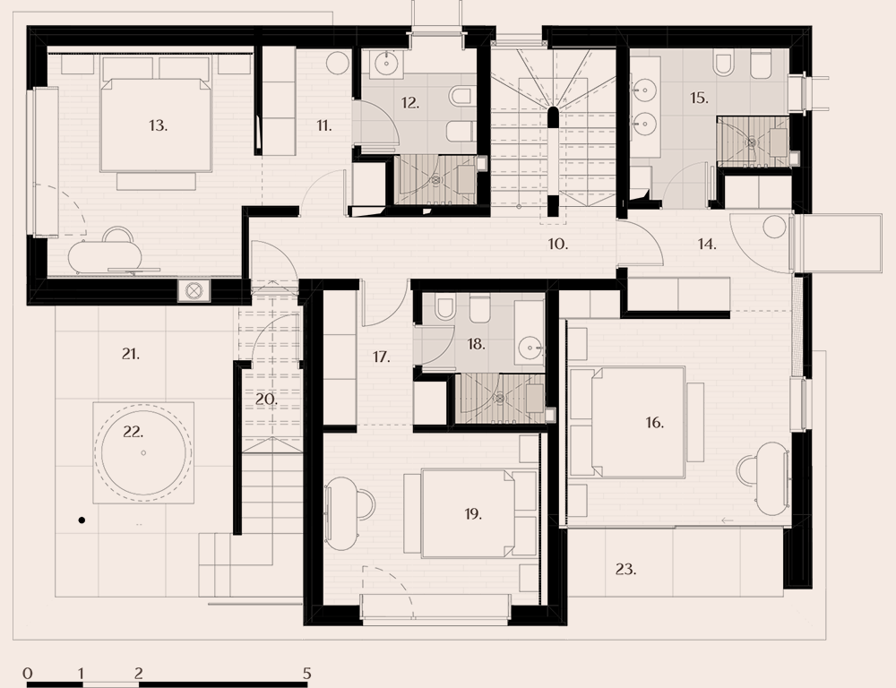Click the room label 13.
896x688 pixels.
coord(158,125)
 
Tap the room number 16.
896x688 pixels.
coord(654,423)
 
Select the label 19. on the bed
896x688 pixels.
coord(473,514)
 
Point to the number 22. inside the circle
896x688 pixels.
coord(133,432)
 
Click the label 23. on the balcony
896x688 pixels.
coord(625,569)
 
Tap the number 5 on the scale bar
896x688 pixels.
coord(306,672)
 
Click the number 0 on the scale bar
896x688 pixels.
coord(29,672)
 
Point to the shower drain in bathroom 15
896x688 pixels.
coord(752,141)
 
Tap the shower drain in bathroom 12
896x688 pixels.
coord(436,180)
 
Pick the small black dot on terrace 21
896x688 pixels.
coord(81,520)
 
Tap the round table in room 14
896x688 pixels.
coord(774,228)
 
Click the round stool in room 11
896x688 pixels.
coord(337,63)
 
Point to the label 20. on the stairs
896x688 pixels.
coord(265,400)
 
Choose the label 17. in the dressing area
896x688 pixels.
coord(382,357)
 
